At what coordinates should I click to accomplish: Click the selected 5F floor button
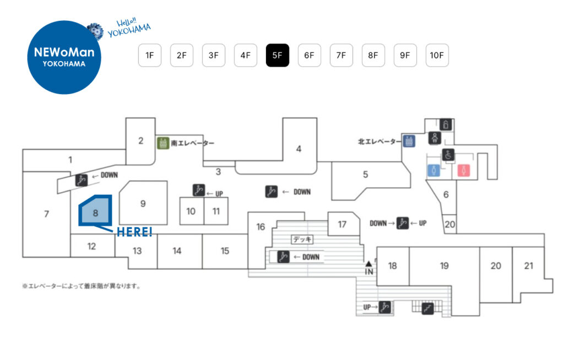coord(277,55)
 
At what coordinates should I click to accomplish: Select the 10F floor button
coord(437,55)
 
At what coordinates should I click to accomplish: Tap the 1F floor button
coord(149,55)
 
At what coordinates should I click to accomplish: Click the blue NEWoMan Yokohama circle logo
coord(64,57)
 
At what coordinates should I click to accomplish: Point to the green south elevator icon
coord(162,143)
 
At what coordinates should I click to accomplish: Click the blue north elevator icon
coord(409,141)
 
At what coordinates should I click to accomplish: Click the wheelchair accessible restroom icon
coord(449,156)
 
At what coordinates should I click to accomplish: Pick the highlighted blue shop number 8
coord(95,211)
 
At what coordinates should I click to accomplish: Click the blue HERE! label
coord(134,232)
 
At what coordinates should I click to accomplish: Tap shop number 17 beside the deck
coord(342,224)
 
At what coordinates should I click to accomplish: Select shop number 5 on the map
coord(365,175)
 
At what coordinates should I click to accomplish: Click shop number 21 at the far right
coord(529,266)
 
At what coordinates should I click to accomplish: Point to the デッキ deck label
coord(302,239)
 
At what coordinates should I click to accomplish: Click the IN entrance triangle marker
coord(368,268)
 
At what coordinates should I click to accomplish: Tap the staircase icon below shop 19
coord(427,309)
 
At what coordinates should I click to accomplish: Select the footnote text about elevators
coord(81,286)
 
